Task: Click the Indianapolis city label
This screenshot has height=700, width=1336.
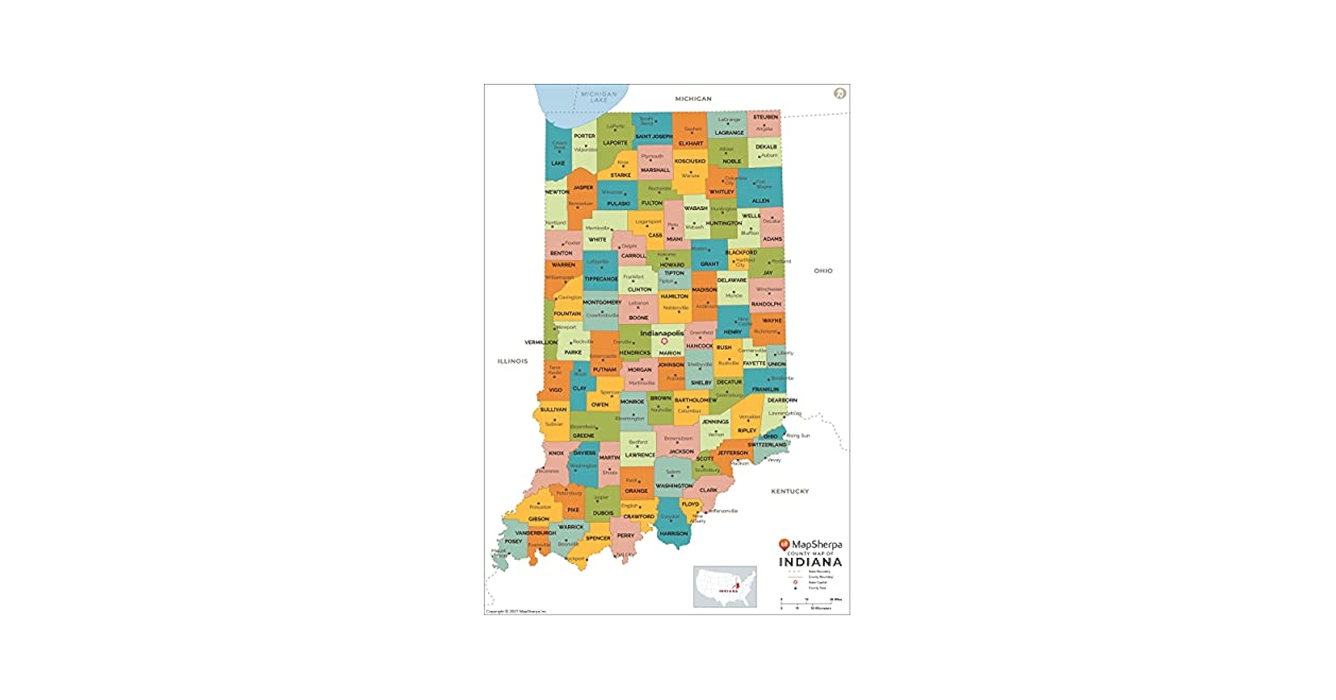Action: click(x=662, y=333)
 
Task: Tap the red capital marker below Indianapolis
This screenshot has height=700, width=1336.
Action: click(x=665, y=342)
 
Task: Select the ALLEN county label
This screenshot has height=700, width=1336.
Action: click(x=760, y=201)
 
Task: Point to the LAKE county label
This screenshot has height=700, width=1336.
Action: click(x=557, y=163)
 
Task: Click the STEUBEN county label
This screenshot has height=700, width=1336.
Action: click(x=765, y=117)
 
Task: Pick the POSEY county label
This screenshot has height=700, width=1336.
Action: click(x=513, y=541)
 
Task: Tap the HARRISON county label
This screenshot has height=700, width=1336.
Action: click(x=674, y=533)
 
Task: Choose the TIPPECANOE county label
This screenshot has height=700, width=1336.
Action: click(x=601, y=279)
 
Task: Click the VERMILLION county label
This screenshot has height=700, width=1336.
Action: click(x=541, y=342)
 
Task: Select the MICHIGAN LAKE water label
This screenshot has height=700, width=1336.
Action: click(x=599, y=97)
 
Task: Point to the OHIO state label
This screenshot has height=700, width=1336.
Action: click(x=823, y=271)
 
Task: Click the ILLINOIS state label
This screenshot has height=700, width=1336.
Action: click(x=512, y=361)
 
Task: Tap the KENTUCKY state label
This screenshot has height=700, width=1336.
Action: click(x=790, y=491)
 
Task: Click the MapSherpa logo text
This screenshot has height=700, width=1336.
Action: click(x=816, y=545)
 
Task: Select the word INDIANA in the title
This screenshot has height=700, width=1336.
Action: click(x=811, y=562)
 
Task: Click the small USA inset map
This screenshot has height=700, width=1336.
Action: click(x=725, y=587)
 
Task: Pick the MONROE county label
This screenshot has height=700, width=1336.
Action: click(x=632, y=402)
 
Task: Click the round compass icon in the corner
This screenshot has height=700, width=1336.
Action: click(x=839, y=94)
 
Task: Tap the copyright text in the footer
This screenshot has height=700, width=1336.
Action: click(x=516, y=612)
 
